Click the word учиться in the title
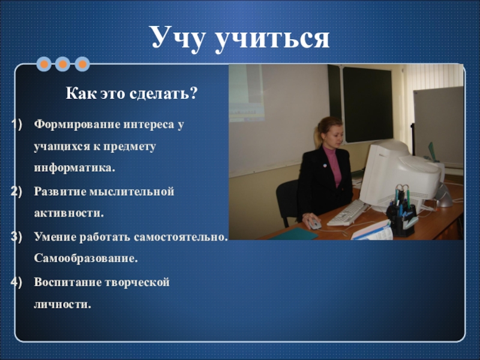(x=272, y=39)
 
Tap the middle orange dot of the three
(x=63, y=64)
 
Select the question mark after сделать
(x=193, y=93)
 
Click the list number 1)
(x=17, y=124)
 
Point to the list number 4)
(x=17, y=282)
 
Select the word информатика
(x=74, y=168)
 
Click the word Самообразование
(x=86, y=258)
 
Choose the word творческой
(x=137, y=283)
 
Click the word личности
(x=62, y=305)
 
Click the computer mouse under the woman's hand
(x=314, y=224)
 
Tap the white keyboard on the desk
(x=347, y=212)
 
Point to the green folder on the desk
(x=294, y=234)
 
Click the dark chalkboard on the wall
(x=367, y=104)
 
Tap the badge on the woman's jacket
(x=325, y=166)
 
